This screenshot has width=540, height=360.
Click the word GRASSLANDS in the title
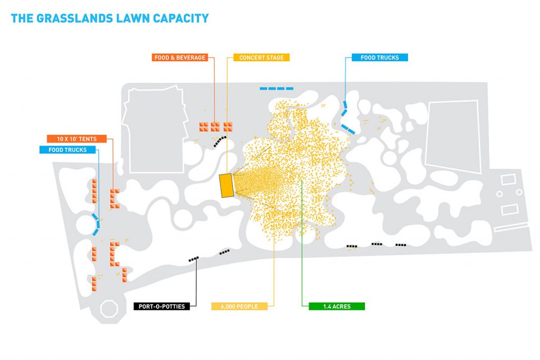(x=74, y=18)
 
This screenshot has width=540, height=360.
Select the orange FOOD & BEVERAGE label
(x=180, y=57)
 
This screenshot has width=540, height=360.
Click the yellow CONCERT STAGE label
(x=262, y=57)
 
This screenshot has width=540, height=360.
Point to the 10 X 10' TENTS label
(x=77, y=139)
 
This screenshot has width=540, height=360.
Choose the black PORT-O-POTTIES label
(x=162, y=306)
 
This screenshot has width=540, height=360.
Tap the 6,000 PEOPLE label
(x=239, y=306)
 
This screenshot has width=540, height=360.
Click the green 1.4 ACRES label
(x=337, y=306)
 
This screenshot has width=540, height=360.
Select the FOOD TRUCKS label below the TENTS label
(x=67, y=150)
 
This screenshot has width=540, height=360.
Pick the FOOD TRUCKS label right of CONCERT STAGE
(x=380, y=57)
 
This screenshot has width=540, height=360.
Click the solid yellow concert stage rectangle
(x=227, y=186)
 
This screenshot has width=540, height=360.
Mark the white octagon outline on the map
(x=109, y=309)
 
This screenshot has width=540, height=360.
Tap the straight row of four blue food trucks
(x=276, y=89)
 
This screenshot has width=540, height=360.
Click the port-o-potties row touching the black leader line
(x=194, y=259)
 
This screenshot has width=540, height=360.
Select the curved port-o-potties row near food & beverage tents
(x=220, y=141)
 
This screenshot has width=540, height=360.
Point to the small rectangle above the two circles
(x=508, y=179)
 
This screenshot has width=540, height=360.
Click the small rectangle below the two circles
(x=510, y=210)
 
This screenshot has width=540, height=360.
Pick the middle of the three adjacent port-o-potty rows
(x=377, y=244)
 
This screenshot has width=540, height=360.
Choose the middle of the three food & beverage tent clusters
(x=215, y=127)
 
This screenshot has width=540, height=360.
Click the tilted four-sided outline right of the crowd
(x=453, y=137)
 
